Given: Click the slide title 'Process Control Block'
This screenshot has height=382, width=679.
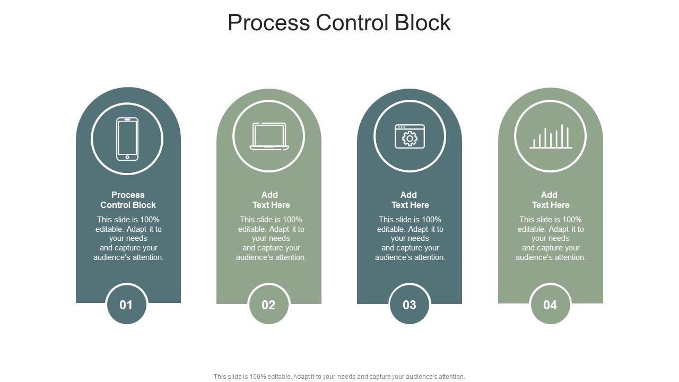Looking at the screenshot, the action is coord(339,22).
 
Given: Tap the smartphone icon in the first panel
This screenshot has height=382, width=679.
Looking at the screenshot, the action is coord(127,139).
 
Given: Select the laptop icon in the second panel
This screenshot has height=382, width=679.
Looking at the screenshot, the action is coord(269,136).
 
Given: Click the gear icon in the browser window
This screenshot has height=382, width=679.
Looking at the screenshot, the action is coord(410,138).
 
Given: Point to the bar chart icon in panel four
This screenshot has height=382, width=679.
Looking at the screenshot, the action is coord(551,136).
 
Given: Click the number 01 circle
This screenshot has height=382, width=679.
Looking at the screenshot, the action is coord(127,305).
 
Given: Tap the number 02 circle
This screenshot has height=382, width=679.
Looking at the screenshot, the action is coord(268,305).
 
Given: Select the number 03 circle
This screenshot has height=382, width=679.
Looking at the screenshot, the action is coord(410,305).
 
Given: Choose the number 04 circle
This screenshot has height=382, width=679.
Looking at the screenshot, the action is coord(550,305).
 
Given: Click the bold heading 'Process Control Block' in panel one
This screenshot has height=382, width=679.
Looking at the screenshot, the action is coord(128,200).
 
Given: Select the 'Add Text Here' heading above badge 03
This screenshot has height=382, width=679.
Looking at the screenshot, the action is coord(410,200).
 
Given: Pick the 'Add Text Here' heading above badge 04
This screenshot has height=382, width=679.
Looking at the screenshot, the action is coord(551,200).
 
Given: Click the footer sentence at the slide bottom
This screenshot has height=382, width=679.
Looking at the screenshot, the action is coord(339,376).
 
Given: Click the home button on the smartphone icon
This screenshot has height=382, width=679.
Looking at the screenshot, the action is coord(127,157).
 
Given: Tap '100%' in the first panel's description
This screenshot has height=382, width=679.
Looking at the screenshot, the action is coord(150,220).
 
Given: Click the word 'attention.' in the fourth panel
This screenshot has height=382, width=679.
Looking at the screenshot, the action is coord(569,257).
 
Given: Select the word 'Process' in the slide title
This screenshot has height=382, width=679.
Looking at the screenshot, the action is coord(269,22).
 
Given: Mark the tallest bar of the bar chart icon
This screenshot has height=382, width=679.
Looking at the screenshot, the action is coord(562,136).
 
